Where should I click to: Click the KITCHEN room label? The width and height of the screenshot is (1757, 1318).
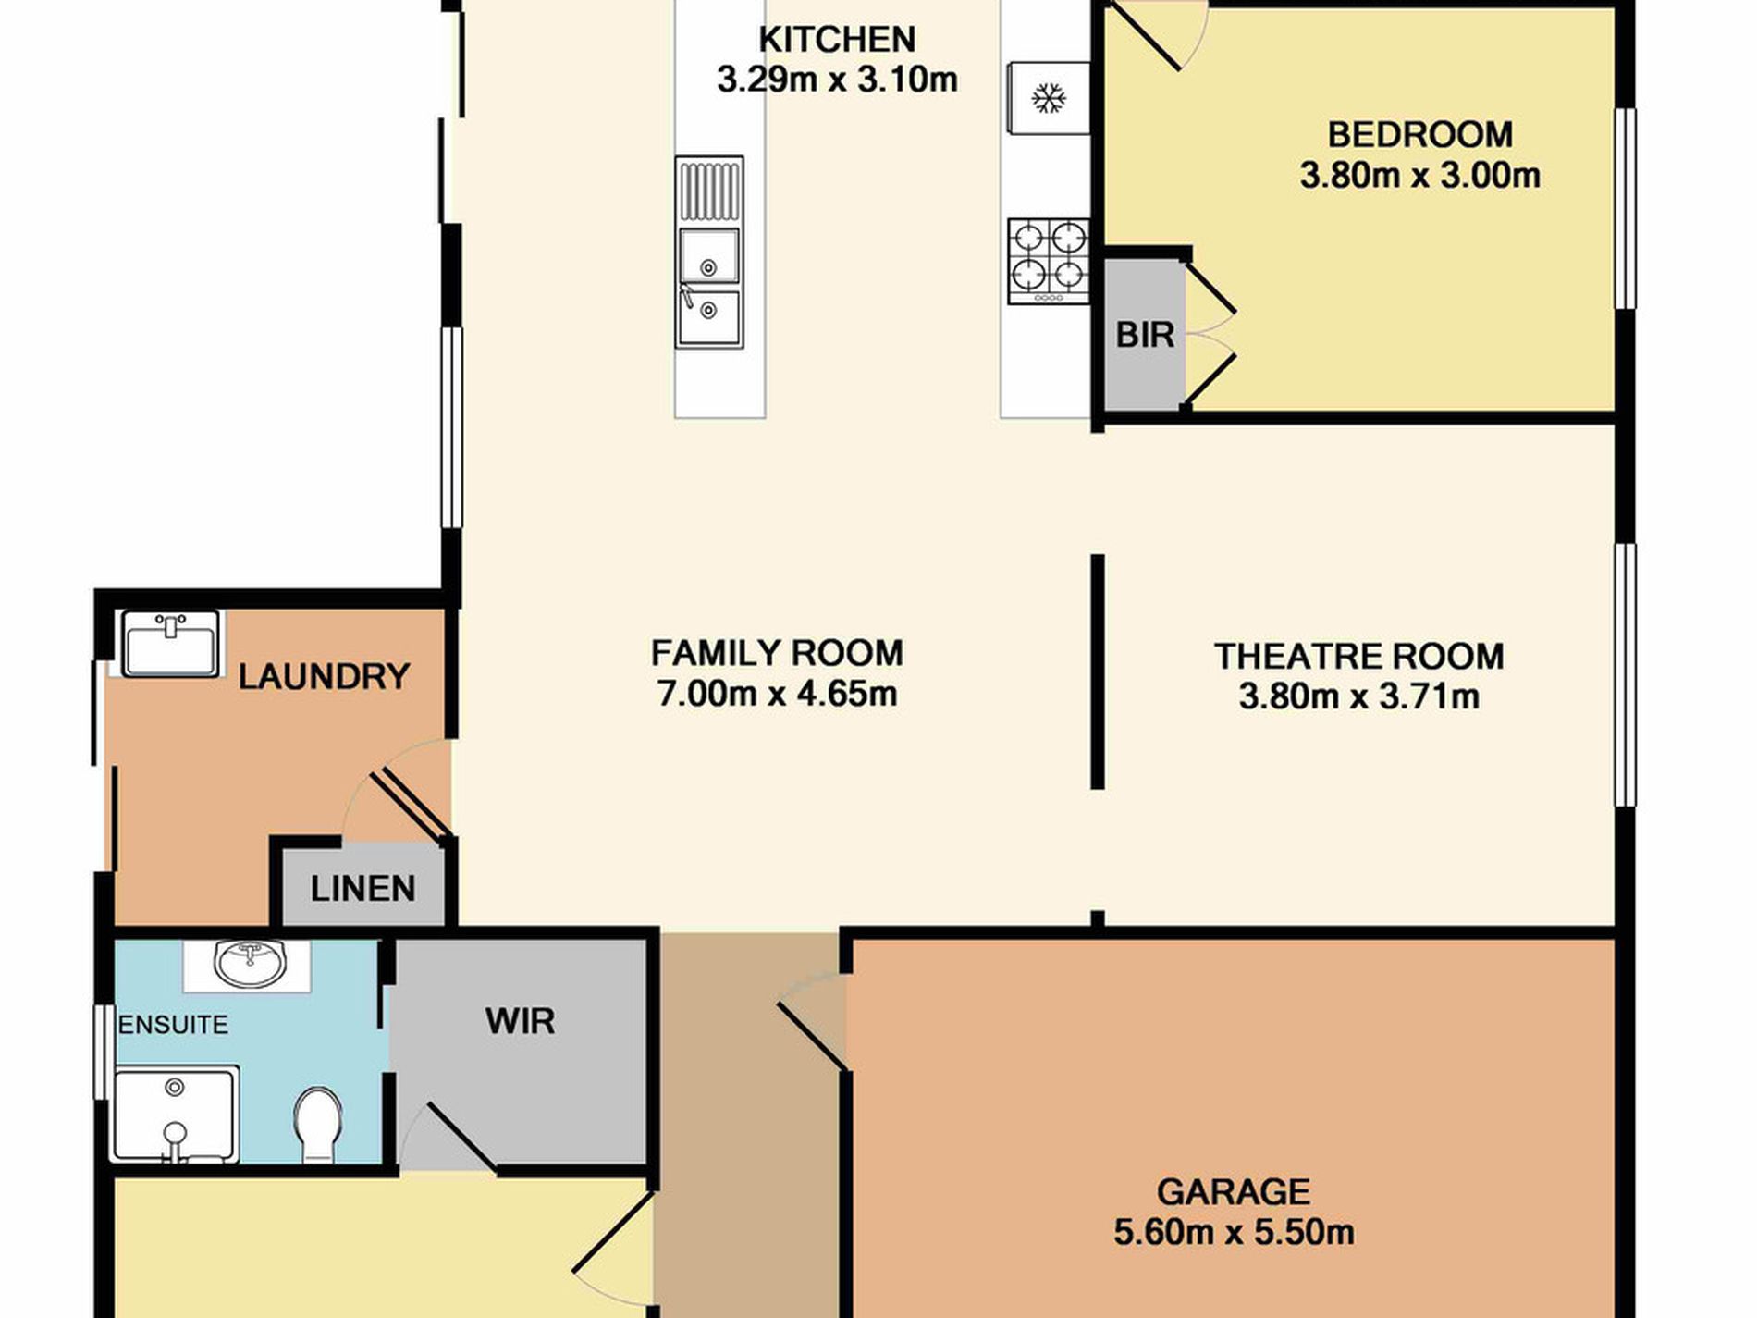pyautogui.click(x=837, y=40)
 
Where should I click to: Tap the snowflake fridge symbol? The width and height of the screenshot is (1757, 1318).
pyautogui.click(x=1048, y=98)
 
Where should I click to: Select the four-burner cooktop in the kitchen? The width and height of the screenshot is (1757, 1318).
pyautogui.click(x=1048, y=261)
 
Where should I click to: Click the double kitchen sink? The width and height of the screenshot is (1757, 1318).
pyautogui.click(x=709, y=253)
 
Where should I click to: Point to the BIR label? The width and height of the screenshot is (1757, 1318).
pyautogui.click(x=1145, y=335)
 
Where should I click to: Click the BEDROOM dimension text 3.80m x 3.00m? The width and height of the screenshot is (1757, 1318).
pyautogui.click(x=1419, y=175)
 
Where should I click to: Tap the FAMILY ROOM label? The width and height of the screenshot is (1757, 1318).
pyautogui.click(x=777, y=653)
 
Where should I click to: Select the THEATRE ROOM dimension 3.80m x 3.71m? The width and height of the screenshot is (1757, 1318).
pyautogui.click(x=1358, y=696)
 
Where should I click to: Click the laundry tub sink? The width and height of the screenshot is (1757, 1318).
pyautogui.click(x=172, y=642)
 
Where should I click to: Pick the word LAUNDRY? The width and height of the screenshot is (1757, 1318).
pyautogui.click(x=324, y=677)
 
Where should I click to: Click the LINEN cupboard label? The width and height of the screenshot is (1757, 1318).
pyautogui.click(x=362, y=889)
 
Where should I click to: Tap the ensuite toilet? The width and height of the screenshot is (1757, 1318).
pyautogui.click(x=317, y=1125)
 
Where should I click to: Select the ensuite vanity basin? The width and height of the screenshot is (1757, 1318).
pyautogui.click(x=250, y=964)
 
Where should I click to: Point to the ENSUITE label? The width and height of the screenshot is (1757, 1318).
pyautogui.click(x=173, y=1025)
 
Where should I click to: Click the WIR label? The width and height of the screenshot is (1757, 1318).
pyautogui.click(x=520, y=1021)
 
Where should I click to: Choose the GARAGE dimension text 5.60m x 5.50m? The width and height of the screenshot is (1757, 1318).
pyautogui.click(x=1234, y=1232)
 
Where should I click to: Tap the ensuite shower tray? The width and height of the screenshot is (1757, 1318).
pyautogui.click(x=175, y=1114)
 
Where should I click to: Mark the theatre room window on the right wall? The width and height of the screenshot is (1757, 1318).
pyautogui.click(x=1626, y=675)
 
